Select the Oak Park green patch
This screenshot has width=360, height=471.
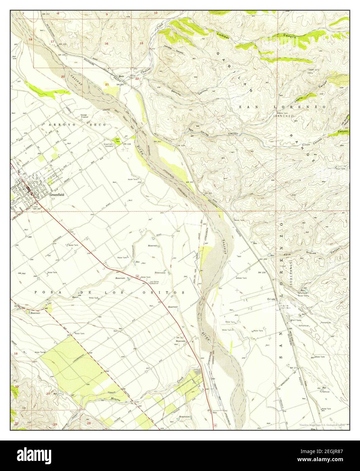[x=117, y=140]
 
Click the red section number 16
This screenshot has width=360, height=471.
[x=106, y=43]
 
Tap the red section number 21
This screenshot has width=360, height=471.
[x=107, y=84]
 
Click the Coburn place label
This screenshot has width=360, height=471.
[x=271, y=299]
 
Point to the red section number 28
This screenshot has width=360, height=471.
[x=89, y=424]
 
